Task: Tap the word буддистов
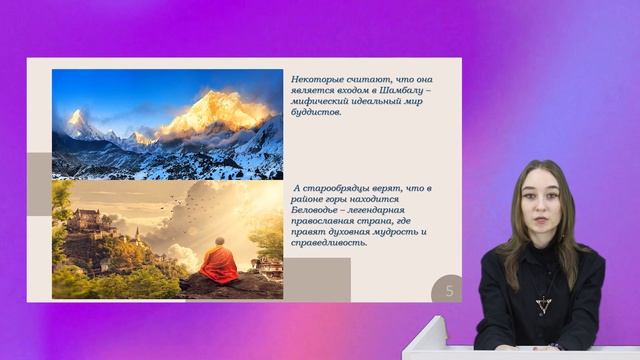(x=318, y=113)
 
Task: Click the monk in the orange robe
(x=219, y=265)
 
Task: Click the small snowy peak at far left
(x=75, y=123)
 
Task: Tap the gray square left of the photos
(x=39, y=184)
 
